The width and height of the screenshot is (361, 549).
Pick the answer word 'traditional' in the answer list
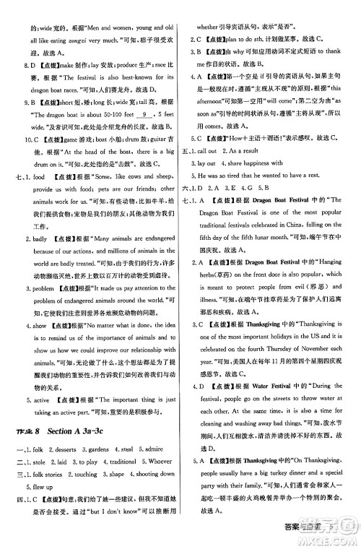(118, 462)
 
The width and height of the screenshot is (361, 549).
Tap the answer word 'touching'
(84, 474)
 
